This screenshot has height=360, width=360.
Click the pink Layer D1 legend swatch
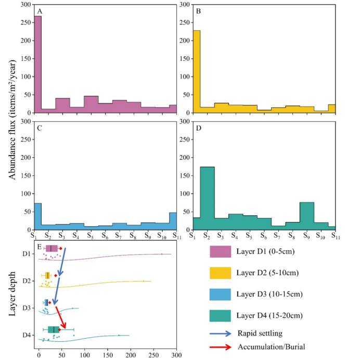pos(220,252)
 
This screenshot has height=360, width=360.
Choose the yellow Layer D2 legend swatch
pos(220,273)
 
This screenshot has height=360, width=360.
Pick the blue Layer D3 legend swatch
pos(220,294)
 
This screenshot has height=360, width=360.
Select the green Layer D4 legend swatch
pos(220,316)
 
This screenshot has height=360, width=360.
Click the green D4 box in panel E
pos(53,329)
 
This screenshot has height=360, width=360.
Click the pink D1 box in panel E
pos(52,248)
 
